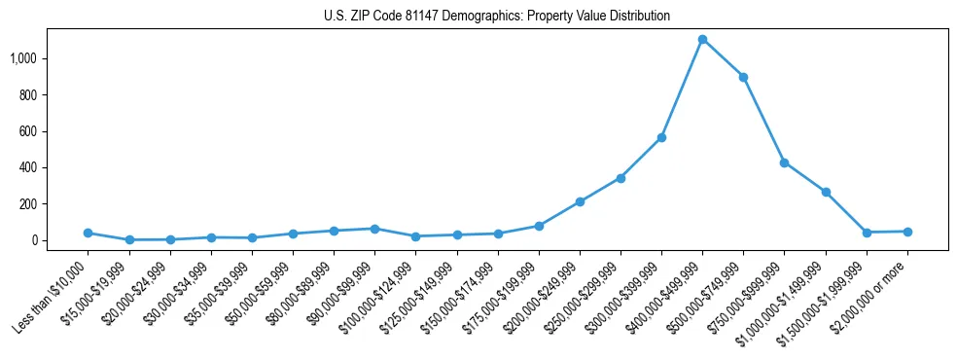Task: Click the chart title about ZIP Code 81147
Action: pos(497,17)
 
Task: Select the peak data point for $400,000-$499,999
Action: pos(702,39)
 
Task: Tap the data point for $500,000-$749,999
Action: pos(743,77)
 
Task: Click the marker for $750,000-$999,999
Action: pos(784,162)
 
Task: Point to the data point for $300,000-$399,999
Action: pos(661,137)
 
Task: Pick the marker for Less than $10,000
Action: pos(88,233)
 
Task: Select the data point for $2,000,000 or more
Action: pos(907,232)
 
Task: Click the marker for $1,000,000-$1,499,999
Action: pos(826,192)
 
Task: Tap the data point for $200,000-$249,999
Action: pos(580,201)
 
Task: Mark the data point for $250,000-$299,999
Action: pos(620,178)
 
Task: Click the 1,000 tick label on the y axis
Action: pos(37,58)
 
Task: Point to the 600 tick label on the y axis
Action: pos(42,131)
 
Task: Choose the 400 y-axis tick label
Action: pos(42,167)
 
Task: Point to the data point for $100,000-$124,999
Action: pos(415,236)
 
